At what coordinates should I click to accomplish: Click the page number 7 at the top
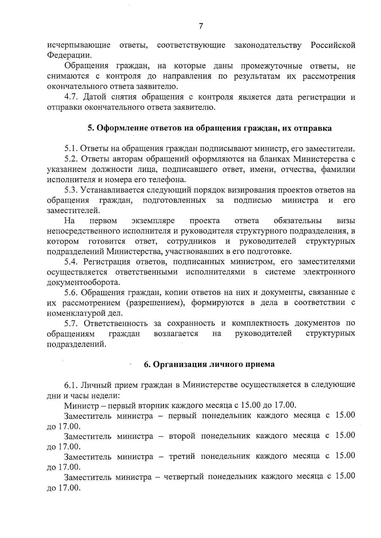[x=201, y=26]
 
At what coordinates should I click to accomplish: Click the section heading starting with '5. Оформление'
[x=210, y=128]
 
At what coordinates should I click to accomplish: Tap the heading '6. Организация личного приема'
[x=209, y=364]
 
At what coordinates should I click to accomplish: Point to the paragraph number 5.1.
[x=71, y=149]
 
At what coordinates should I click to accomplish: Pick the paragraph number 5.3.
[x=71, y=190]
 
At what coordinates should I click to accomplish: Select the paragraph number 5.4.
[x=71, y=262]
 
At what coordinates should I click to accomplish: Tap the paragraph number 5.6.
[x=71, y=292]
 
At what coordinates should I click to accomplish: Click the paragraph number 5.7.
[x=71, y=323]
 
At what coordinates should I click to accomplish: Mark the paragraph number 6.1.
[x=71, y=385]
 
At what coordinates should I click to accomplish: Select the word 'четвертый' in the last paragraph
[x=184, y=477]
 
